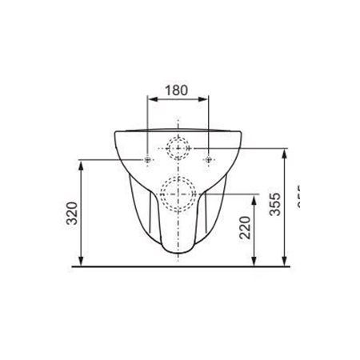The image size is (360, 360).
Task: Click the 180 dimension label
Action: (x=176, y=90)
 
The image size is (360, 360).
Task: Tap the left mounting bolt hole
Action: (x=148, y=161)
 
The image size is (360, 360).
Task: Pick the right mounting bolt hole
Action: (x=208, y=161)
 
